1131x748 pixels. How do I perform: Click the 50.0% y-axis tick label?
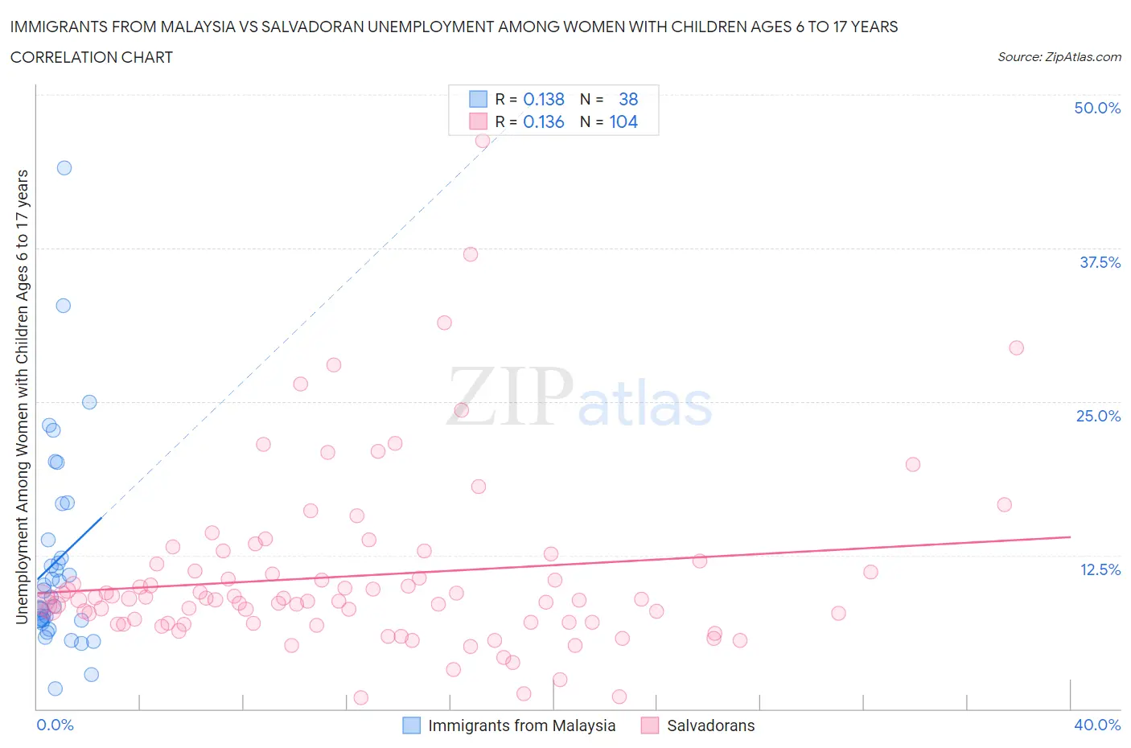(1096, 108)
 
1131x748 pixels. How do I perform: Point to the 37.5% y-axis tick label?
(1099, 262)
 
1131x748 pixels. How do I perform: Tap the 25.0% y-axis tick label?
(1098, 416)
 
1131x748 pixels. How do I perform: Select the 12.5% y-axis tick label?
(1099, 569)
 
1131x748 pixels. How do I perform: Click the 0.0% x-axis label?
(55, 725)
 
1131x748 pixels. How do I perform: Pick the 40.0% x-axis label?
(1096, 725)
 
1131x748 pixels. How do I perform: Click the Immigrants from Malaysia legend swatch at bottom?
(411, 725)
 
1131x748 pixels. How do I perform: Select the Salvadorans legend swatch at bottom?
(650, 725)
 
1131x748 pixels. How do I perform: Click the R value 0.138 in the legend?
(544, 99)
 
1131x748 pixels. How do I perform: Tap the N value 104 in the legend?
(623, 121)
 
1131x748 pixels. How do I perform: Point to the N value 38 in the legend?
(628, 99)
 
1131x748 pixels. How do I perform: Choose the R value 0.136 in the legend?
(544, 121)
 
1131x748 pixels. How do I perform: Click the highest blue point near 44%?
(64, 168)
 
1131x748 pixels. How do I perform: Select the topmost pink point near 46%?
(483, 141)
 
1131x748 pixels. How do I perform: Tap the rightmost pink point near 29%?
(1016, 348)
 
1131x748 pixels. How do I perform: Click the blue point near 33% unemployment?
(64, 306)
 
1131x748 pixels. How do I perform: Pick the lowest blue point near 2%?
(56, 688)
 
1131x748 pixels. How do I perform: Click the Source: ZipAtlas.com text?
(1059, 56)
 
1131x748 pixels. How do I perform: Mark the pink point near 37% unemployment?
(471, 254)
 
